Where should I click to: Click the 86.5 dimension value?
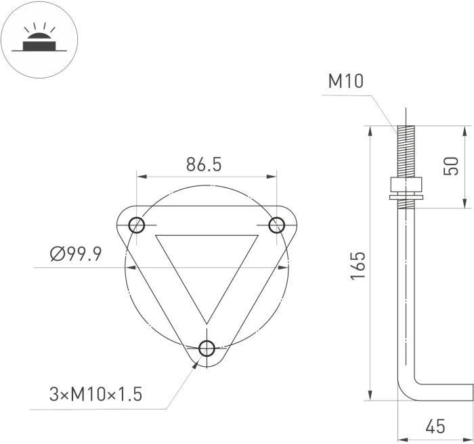pos(204,164)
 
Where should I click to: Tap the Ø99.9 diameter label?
pos(76,254)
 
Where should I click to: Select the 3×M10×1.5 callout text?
pos(95,394)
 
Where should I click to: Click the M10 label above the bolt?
pos(346,81)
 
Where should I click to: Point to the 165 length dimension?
pos(358,265)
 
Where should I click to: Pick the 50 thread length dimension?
pos(451,166)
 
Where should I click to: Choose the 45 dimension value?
pos(435,426)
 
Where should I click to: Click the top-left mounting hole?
pos(137,225)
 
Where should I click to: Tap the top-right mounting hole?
pos(276,225)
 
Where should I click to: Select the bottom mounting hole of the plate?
pos(207,348)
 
